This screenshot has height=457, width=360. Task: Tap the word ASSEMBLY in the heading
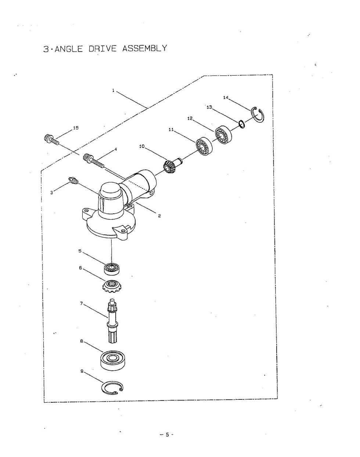click(144, 48)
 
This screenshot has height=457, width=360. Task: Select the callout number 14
click(226, 98)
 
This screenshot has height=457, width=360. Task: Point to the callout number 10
click(142, 146)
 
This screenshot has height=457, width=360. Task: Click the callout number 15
click(76, 128)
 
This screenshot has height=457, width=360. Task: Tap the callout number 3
click(52, 193)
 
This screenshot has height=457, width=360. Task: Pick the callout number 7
click(82, 304)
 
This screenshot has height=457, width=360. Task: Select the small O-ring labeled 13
click(242, 124)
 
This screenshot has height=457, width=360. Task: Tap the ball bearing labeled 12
click(223, 135)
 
